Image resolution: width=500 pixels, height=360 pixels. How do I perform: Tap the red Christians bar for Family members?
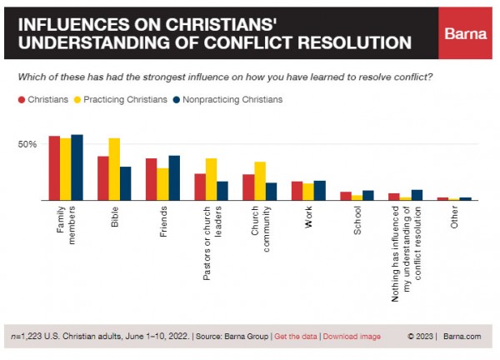(x=53, y=167)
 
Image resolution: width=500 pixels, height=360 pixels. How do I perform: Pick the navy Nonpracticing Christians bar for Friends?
(x=174, y=177)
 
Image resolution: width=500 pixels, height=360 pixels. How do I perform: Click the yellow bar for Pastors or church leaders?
(x=211, y=179)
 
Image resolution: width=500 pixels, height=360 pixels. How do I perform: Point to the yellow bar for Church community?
(x=260, y=181)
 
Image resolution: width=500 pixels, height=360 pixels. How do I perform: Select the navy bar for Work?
(x=321, y=191)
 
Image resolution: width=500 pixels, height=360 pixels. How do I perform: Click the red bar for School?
(x=346, y=196)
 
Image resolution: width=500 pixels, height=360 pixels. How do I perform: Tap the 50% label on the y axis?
(x=27, y=145)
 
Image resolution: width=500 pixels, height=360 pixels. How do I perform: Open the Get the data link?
(x=297, y=337)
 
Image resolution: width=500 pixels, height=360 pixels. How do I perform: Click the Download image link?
(x=352, y=337)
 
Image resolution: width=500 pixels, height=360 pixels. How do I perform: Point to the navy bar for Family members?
(x=77, y=167)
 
